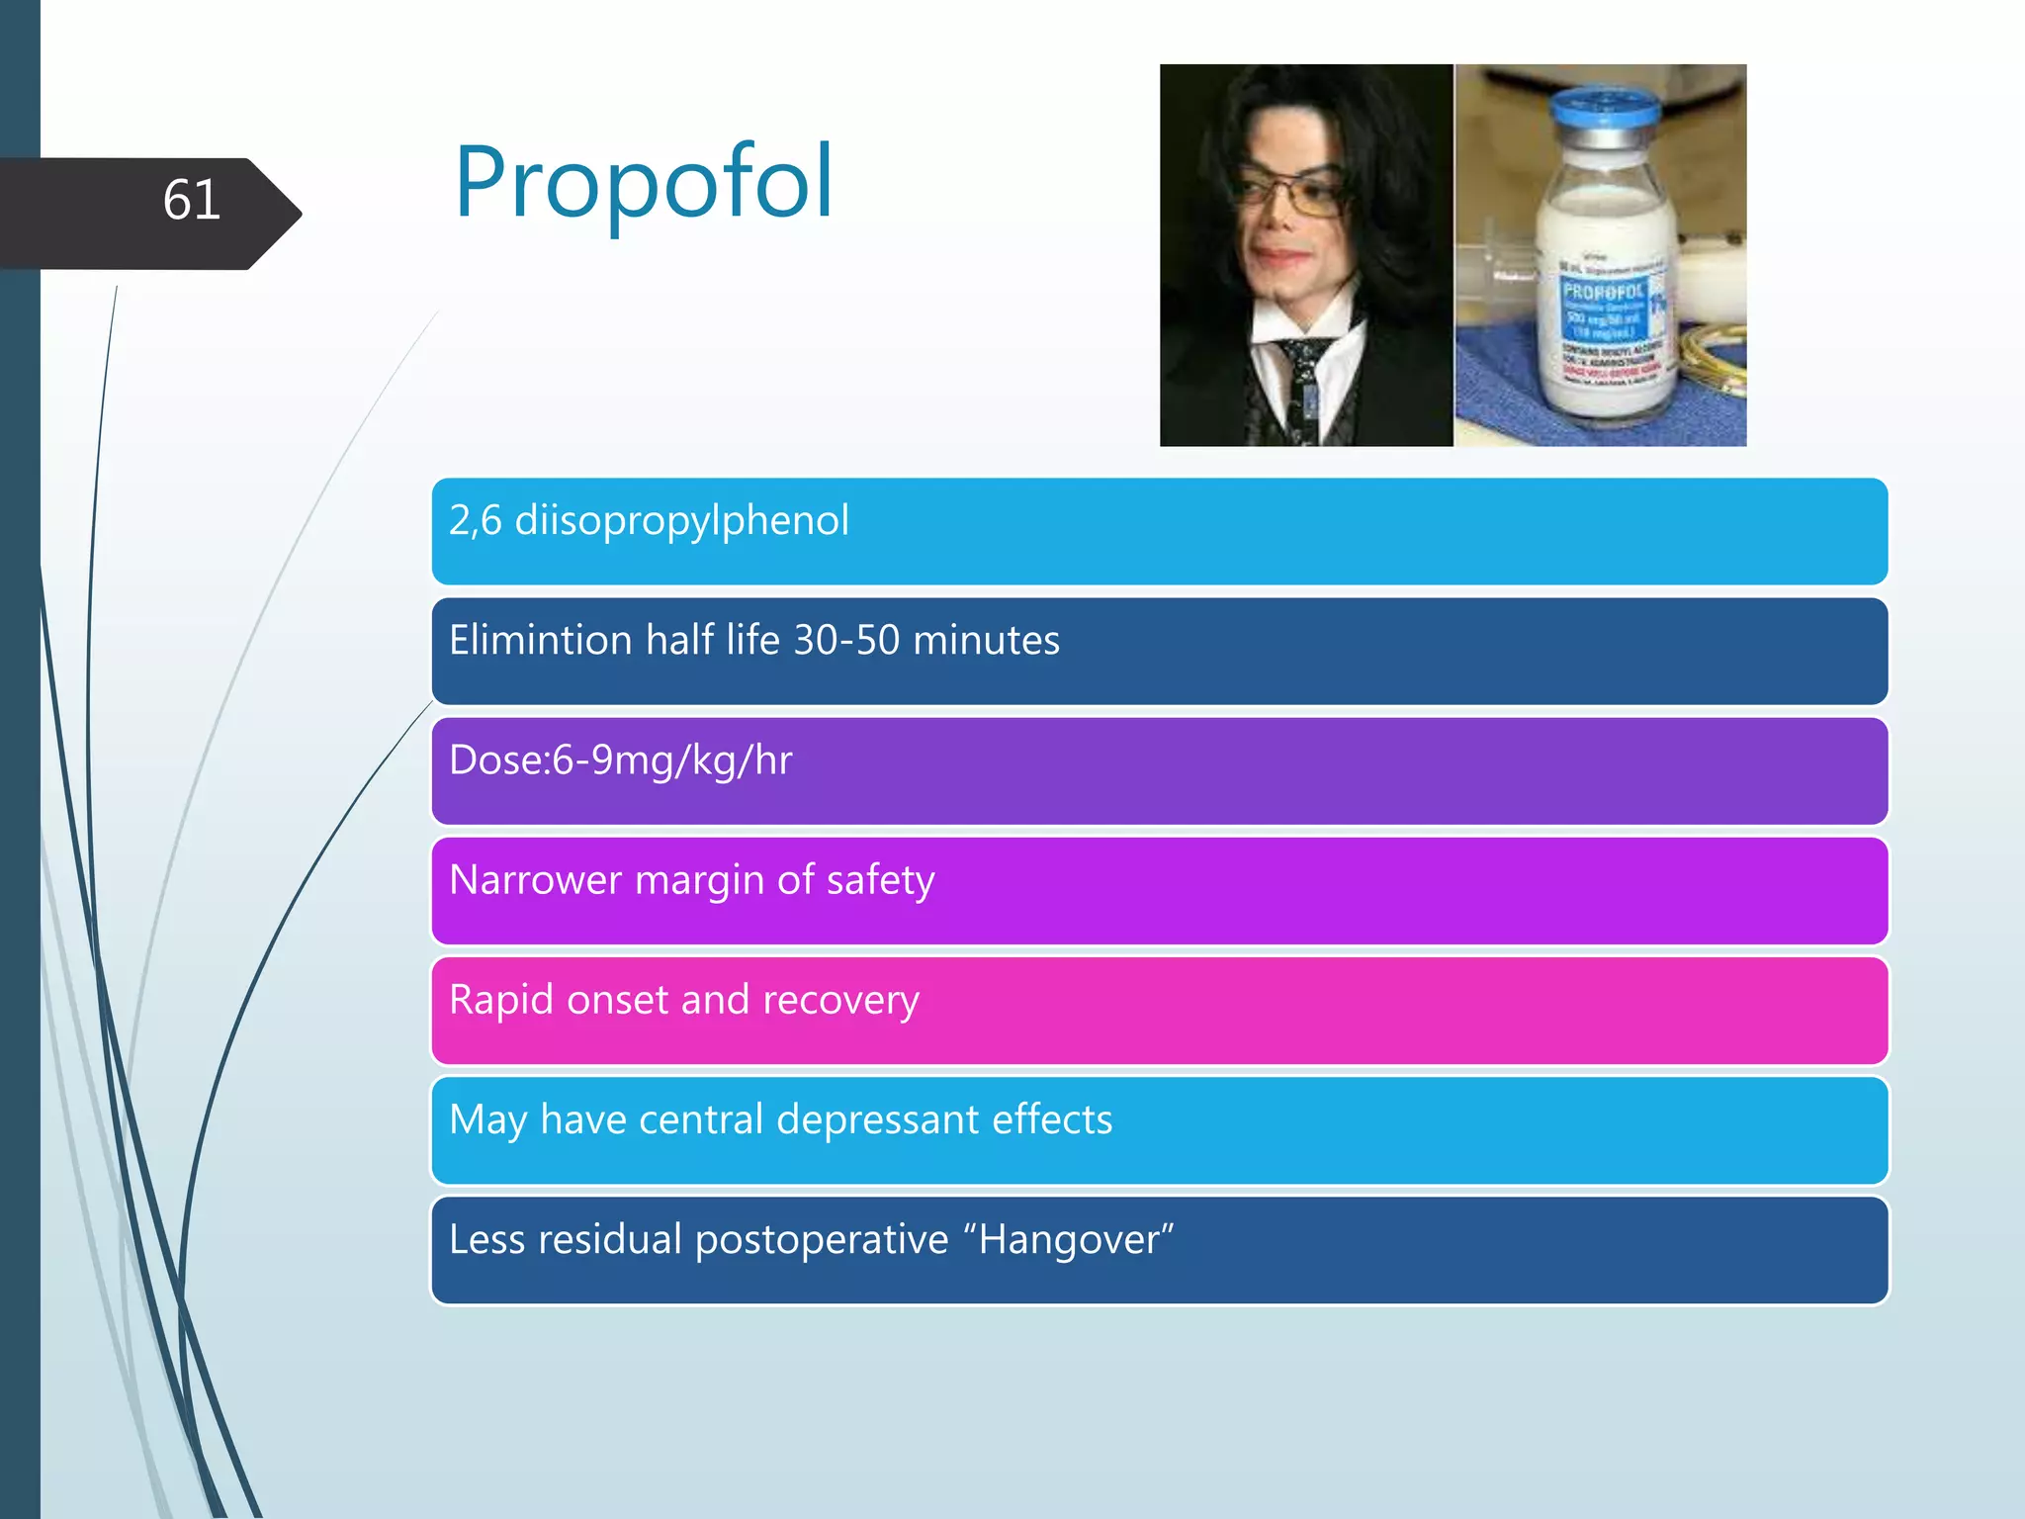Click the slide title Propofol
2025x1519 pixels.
644,184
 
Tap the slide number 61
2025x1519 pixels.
191,201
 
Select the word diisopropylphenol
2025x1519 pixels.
681,521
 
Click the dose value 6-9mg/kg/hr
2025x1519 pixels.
671,760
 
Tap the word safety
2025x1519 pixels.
880,880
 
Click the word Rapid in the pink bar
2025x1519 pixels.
501,1000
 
